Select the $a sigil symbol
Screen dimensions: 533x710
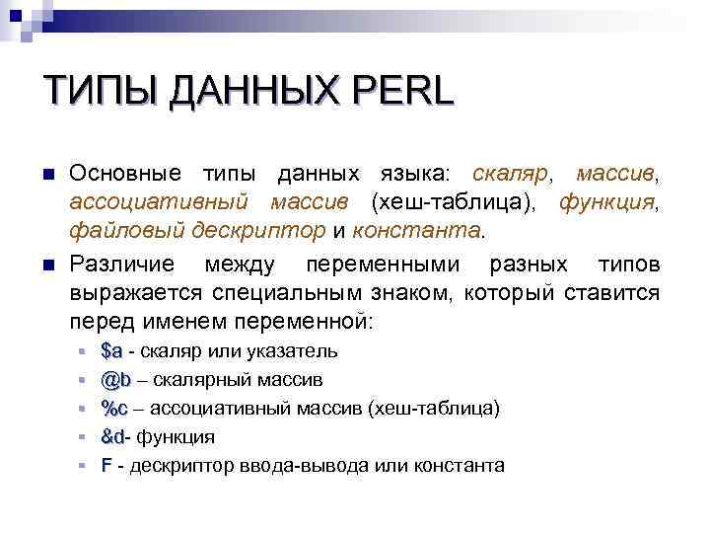pos(111,351)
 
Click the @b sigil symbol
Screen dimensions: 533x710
pos(115,380)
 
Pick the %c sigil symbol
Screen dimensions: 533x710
pos(115,409)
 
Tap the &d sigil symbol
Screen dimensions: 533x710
pos(112,437)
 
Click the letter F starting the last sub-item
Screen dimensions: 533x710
pos(106,466)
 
